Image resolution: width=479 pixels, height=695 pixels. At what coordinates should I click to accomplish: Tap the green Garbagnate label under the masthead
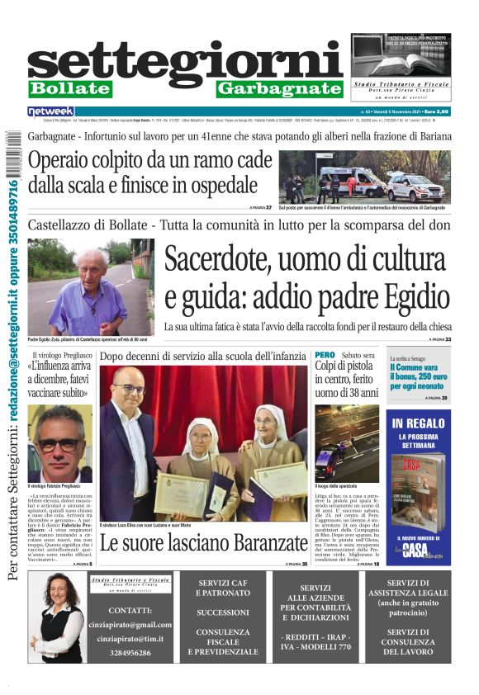[280, 88]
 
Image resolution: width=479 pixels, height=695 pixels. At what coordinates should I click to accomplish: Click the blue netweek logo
[51, 111]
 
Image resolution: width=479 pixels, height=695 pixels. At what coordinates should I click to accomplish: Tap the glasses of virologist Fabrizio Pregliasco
[59, 445]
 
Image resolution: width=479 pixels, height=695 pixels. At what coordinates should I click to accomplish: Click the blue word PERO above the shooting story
[325, 356]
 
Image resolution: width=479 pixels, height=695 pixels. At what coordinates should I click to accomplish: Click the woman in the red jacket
[58, 619]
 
